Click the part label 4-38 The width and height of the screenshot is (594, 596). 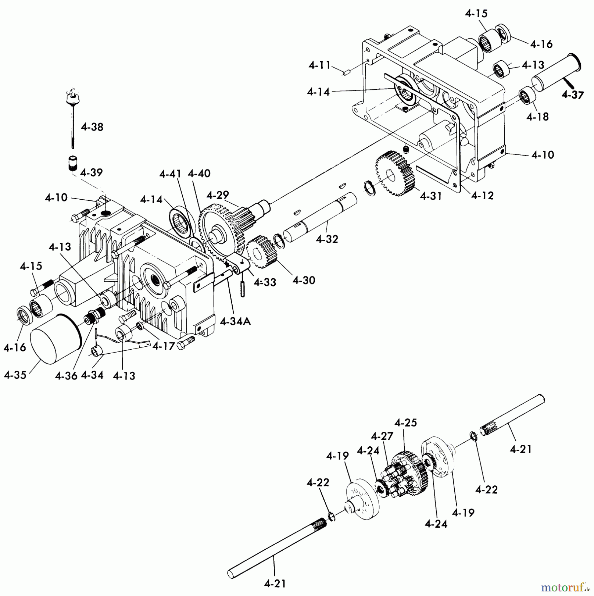92,127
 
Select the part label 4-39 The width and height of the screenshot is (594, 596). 91,173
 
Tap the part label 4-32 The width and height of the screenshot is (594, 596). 327,239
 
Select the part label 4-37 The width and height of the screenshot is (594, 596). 572,95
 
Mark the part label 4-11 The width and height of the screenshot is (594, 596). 320,65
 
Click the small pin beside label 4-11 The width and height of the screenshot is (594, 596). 346,73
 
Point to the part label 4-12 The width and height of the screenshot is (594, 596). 482,195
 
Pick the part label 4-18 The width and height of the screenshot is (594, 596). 537,117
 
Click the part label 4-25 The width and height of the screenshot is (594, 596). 406,423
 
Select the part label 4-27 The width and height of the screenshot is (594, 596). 382,436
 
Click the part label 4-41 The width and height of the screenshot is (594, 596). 170,174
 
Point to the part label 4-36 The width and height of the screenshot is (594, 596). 66,375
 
